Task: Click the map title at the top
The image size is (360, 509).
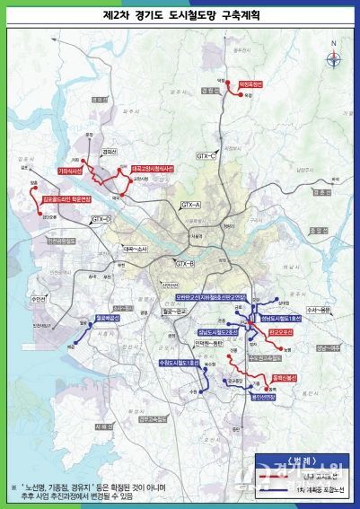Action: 180,16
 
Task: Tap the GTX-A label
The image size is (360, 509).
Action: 191,206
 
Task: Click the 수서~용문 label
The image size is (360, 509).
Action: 319,309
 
